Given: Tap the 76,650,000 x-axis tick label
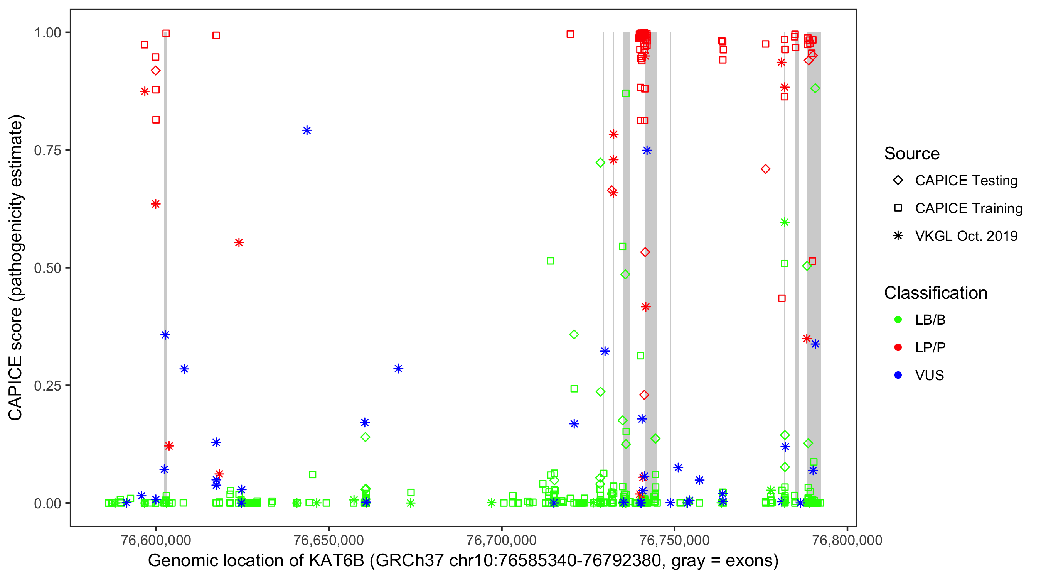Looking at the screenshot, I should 328,540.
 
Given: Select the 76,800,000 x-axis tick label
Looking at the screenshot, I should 847,540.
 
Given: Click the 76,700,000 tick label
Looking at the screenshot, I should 502,540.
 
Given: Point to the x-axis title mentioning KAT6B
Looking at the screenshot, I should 463,561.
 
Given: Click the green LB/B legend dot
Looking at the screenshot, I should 898,320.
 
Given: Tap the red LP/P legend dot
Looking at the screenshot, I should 898,347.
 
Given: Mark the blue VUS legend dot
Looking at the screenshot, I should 898,375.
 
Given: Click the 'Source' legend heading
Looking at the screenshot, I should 912,154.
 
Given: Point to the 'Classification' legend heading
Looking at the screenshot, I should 935,293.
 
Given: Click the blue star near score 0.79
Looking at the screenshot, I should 307,130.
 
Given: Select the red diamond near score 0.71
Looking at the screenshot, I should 765,169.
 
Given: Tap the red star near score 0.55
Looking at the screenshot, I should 239,243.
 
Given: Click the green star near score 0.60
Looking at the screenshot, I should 784,222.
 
